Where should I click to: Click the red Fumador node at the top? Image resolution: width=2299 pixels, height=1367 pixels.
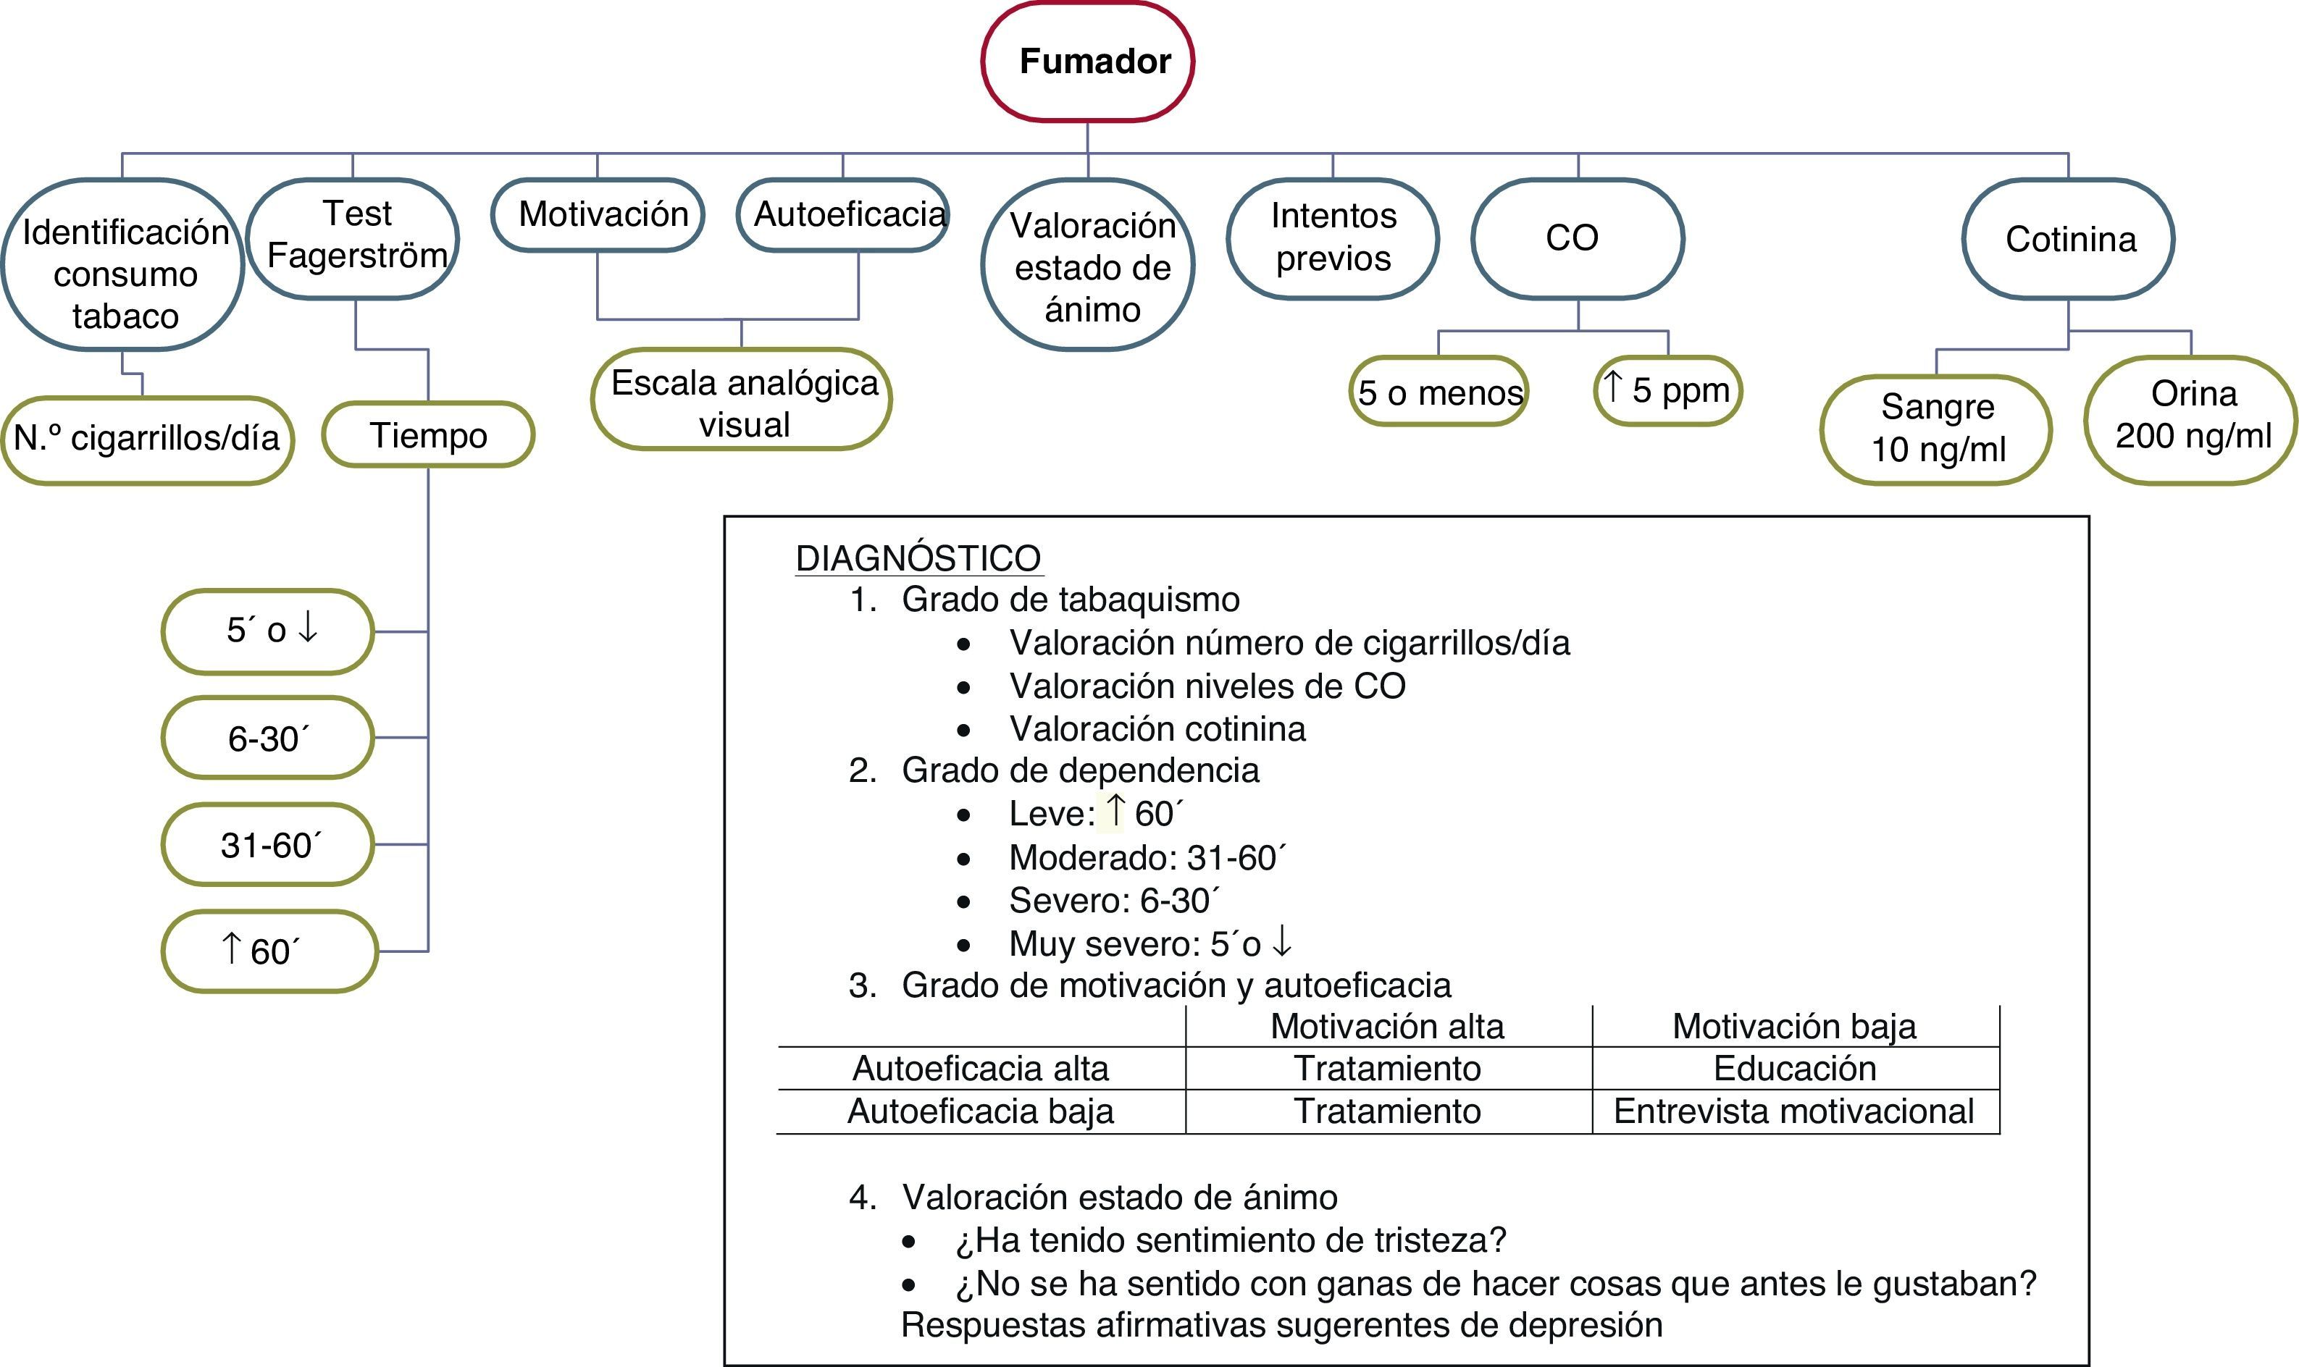[x=1087, y=62]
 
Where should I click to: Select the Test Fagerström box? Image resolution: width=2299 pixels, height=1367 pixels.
[x=355, y=237]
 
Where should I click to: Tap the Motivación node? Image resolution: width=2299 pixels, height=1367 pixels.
[x=598, y=214]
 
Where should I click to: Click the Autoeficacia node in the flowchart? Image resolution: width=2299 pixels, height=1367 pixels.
[x=843, y=214]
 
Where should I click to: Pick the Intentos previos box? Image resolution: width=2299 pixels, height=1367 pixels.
[x=1333, y=237]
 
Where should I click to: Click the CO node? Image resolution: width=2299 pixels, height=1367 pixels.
[x=1578, y=237]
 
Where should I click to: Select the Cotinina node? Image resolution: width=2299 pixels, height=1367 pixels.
[x=2069, y=239]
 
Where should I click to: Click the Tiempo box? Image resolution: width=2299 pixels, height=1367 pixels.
[x=429, y=434]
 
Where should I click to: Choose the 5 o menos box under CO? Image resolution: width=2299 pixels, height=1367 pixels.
[x=1439, y=392]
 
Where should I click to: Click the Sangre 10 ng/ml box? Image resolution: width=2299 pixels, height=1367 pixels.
[x=1936, y=429]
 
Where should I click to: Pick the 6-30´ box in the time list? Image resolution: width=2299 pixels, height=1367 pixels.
[x=267, y=738]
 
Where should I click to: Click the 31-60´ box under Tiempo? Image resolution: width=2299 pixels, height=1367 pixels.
[x=267, y=845]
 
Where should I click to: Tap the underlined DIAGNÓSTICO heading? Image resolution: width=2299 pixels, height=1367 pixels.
[x=918, y=559]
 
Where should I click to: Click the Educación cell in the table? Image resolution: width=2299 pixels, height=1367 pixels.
[x=1794, y=1069]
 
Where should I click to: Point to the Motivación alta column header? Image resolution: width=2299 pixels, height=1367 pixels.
[x=1387, y=1026]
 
